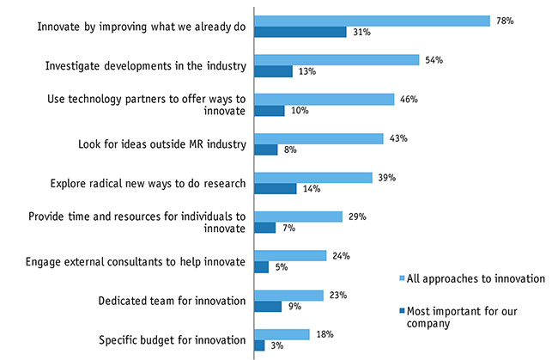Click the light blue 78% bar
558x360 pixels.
(x=371, y=21)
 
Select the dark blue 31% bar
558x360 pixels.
(x=300, y=32)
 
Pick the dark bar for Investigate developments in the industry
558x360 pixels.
(x=273, y=71)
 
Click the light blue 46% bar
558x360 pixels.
(x=324, y=99)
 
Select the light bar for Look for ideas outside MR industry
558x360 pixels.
(x=318, y=138)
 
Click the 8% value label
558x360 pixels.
(x=290, y=150)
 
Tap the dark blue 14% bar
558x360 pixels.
(x=275, y=188)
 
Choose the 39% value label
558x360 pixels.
(x=386, y=177)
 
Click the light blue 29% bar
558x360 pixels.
(x=298, y=217)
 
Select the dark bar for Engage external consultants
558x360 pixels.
(x=261, y=266)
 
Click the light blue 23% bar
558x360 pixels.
(x=288, y=295)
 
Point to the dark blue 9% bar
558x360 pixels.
(x=268, y=306)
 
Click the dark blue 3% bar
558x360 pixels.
(x=259, y=345)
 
